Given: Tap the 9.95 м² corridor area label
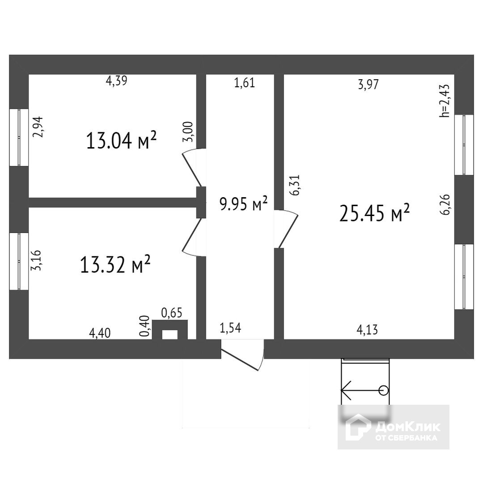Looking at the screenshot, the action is click(243, 204).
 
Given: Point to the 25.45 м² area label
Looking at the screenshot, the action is click(375, 213).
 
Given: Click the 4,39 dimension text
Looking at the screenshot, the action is click(117, 81).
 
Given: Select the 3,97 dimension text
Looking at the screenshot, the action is click(368, 85).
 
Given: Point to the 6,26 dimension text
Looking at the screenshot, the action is click(445, 205).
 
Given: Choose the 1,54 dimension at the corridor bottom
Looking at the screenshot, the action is click(230, 328).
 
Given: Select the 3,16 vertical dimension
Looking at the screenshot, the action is click(38, 260).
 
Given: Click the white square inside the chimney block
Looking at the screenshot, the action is click(169, 335).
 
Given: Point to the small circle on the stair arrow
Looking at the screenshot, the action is click(383, 390).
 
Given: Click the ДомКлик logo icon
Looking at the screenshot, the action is click(358, 427).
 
